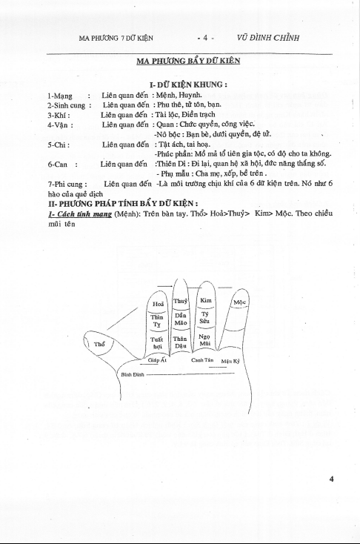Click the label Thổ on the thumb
(x=99, y=344)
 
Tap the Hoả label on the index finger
(x=159, y=305)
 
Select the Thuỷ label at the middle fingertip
(x=180, y=301)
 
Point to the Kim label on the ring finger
(x=206, y=300)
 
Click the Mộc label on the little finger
(x=239, y=302)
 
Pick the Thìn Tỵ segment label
(x=157, y=321)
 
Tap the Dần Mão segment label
(x=180, y=319)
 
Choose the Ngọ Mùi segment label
(x=204, y=340)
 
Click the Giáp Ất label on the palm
(x=158, y=360)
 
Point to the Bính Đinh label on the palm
(x=133, y=374)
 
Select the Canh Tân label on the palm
(x=202, y=360)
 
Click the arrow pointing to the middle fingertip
(x=164, y=285)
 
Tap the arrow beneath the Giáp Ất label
(x=150, y=365)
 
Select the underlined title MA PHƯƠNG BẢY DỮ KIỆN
(x=188, y=61)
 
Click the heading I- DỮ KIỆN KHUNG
(x=189, y=84)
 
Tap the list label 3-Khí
(x=59, y=115)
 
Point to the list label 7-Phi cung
(x=67, y=185)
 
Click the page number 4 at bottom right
(x=331, y=479)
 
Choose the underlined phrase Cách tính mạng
(x=80, y=214)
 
